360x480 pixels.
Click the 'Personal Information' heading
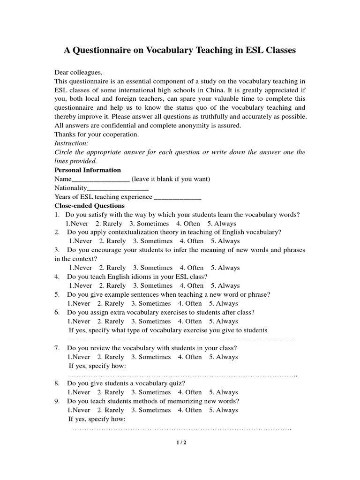(x=88, y=170)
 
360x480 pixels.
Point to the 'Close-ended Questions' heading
(x=90, y=206)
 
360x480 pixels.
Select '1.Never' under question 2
(x=81, y=241)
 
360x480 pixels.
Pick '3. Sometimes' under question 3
(x=153, y=268)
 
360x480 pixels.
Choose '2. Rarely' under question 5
(x=111, y=303)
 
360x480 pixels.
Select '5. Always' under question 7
(x=224, y=357)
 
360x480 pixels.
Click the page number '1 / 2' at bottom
(x=180, y=443)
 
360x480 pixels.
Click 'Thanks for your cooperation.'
(x=97, y=135)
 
